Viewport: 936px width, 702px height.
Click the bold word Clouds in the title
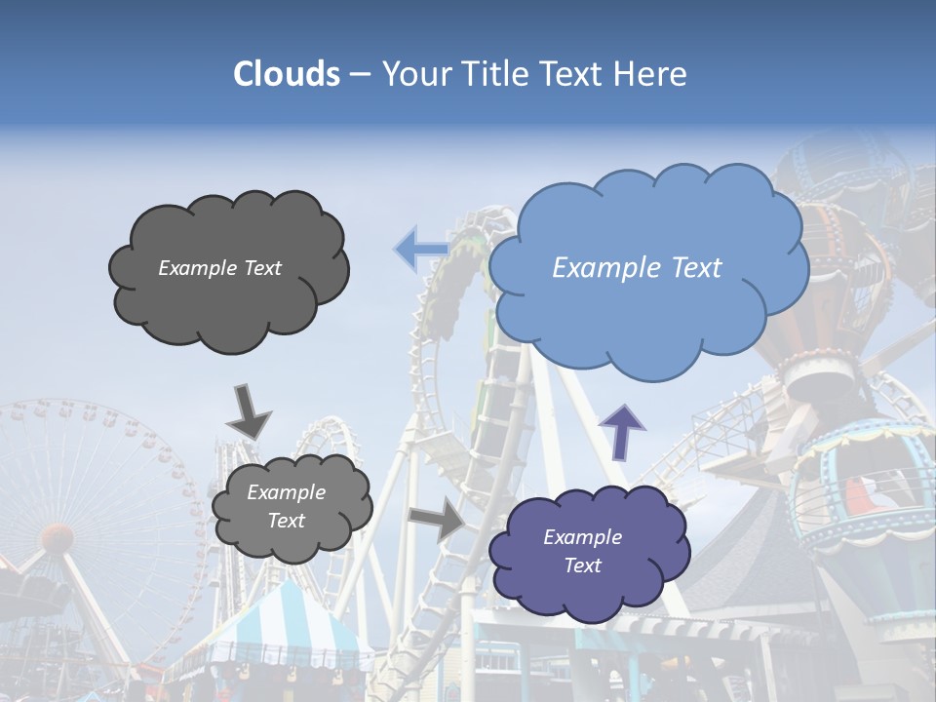click(x=287, y=74)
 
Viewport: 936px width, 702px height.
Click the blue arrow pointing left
click(x=420, y=250)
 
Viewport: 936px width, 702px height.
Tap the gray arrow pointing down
click(x=248, y=411)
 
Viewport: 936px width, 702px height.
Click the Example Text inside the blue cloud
click(x=637, y=268)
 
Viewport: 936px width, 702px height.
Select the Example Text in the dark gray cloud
click(x=219, y=268)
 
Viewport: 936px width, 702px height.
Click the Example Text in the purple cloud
click(x=582, y=551)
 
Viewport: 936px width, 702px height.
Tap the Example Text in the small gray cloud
click(x=286, y=506)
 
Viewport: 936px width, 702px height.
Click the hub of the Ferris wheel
click(x=57, y=535)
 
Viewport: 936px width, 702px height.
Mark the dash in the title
click(x=359, y=74)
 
